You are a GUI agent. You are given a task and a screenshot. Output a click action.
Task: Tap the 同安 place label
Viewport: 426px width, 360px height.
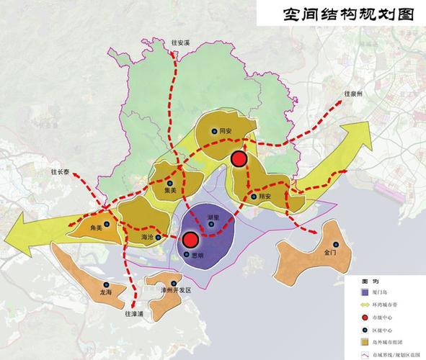(226, 131)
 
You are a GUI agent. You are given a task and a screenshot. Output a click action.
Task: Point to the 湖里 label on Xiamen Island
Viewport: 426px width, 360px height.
(213, 217)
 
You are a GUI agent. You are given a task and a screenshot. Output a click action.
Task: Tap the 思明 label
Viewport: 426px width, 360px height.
(195, 255)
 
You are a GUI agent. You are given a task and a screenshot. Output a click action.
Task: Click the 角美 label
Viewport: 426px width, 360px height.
(97, 228)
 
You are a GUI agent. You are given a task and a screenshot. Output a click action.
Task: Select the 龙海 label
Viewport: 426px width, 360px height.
(106, 292)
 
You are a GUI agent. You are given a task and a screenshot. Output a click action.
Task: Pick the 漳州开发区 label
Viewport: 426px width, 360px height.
(176, 289)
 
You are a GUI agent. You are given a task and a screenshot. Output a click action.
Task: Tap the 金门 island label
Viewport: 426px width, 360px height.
(330, 253)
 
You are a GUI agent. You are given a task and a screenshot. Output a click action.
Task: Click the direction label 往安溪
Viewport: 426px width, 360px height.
(180, 43)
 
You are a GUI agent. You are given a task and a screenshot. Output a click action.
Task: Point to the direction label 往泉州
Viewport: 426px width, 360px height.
(354, 94)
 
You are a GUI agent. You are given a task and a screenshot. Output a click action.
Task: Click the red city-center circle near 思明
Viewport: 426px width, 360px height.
(190, 240)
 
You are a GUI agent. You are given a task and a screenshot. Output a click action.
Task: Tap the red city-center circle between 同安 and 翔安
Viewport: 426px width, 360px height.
(239, 158)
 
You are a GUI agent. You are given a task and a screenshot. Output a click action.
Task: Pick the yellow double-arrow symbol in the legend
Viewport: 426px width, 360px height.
(366, 305)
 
